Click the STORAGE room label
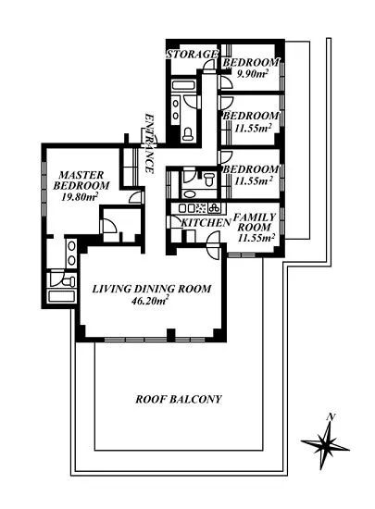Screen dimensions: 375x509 192,55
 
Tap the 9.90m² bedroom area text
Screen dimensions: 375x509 252,74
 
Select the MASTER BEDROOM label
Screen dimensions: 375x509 81,180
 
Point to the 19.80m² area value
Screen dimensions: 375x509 80,197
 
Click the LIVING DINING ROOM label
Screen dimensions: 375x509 152,289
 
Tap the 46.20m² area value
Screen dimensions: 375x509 149,301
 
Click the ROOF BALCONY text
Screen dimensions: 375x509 179,399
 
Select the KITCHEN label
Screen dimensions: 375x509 206,223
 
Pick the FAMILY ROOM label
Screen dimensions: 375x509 255,222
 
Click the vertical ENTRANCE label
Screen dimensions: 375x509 149,143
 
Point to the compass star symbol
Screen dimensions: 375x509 325,446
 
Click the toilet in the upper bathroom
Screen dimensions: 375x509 188,134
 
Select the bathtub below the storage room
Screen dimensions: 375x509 183,85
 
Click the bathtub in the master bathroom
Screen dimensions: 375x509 62,296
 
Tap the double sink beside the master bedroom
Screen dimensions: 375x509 71,254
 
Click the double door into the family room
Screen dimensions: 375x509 214,245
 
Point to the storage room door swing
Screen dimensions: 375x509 209,65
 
